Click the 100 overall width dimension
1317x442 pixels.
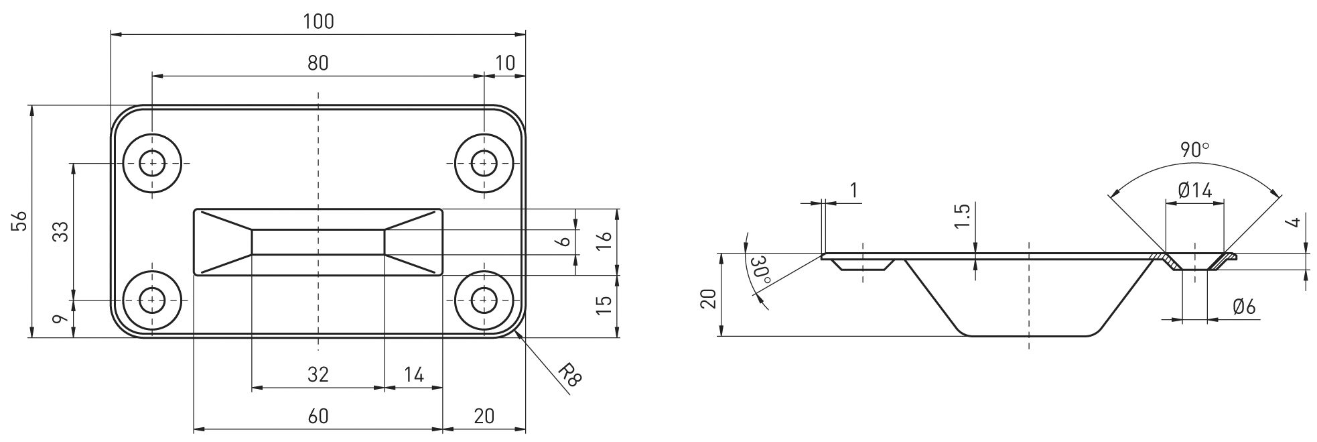pos(318,21)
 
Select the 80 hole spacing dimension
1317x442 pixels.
pos(318,63)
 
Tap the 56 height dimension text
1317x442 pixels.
pos(21,221)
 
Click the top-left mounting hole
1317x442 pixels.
pos(153,163)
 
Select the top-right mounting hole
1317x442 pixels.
pos(484,163)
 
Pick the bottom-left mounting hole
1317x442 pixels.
pos(153,300)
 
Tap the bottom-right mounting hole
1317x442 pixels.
pos(484,300)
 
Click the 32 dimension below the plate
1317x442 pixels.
pos(318,374)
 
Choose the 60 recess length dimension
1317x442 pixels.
pos(318,417)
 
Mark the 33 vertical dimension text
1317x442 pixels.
pos(61,231)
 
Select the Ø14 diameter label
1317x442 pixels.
pos(1194,191)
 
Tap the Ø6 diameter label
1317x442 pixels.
pos(1243,307)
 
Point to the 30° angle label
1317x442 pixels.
pos(761,270)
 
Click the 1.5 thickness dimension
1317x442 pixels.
pos(963,217)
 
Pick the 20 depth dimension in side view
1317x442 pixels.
pos(709,298)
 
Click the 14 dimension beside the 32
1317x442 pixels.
pos(414,374)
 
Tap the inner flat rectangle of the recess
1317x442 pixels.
pos(318,242)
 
